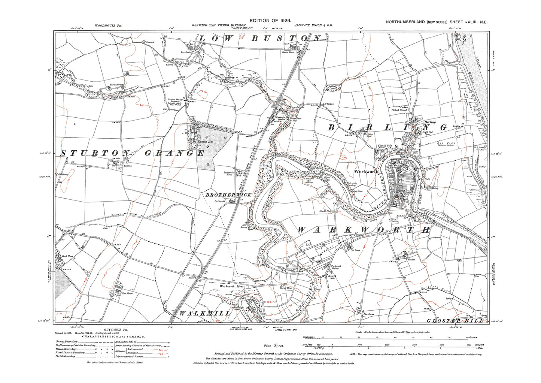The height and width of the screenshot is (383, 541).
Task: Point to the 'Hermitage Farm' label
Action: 369,135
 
